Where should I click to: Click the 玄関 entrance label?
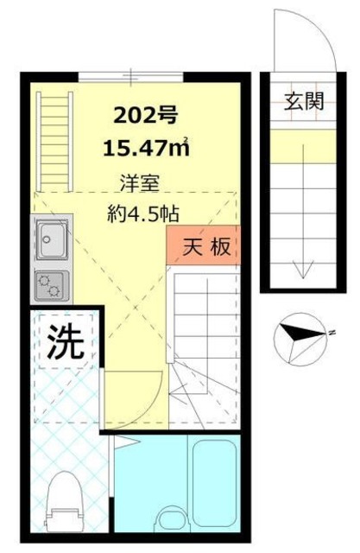point(304,101)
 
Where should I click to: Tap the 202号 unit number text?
point(145,115)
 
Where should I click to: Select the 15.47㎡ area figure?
point(146,148)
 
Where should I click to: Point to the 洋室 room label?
point(140,182)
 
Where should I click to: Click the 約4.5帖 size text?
point(143,213)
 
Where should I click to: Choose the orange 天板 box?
point(203,245)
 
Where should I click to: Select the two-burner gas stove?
point(50,284)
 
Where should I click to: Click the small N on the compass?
point(332,332)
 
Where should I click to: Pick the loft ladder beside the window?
point(54,142)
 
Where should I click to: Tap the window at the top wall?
point(130,76)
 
